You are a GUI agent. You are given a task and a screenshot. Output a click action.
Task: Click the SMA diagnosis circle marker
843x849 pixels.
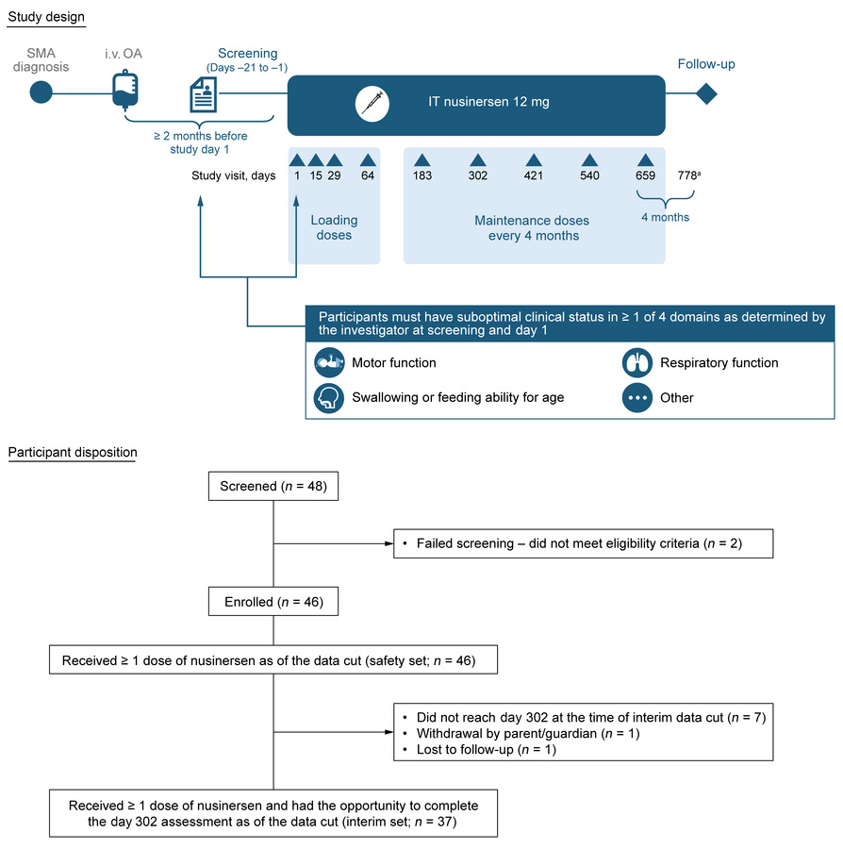click(41, 92)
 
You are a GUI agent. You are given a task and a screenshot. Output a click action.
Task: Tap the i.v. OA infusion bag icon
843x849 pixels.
click(124, 92)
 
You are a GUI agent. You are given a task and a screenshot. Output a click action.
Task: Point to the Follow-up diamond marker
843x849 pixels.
click(705, 93)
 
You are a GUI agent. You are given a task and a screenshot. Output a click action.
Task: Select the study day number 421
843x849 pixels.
click(534, 176)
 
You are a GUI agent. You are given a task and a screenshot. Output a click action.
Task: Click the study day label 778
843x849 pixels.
click(690, 176)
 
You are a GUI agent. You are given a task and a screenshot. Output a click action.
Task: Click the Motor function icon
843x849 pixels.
click(330, 362)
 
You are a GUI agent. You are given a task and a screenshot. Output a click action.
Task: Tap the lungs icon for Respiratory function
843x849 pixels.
click(637, 362)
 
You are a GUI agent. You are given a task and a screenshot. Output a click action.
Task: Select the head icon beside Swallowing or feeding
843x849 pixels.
click(330, 397)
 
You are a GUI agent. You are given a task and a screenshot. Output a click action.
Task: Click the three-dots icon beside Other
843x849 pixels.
click(637, 397)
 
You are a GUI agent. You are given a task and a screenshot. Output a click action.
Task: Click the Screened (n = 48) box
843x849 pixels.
click(273, 487)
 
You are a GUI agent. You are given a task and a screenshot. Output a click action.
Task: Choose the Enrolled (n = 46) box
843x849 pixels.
click(273, 601)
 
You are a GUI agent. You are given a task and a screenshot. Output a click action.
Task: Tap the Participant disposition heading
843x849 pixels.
click(73, 453)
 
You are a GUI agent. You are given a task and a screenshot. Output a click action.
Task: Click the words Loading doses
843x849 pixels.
click(334, 227)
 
